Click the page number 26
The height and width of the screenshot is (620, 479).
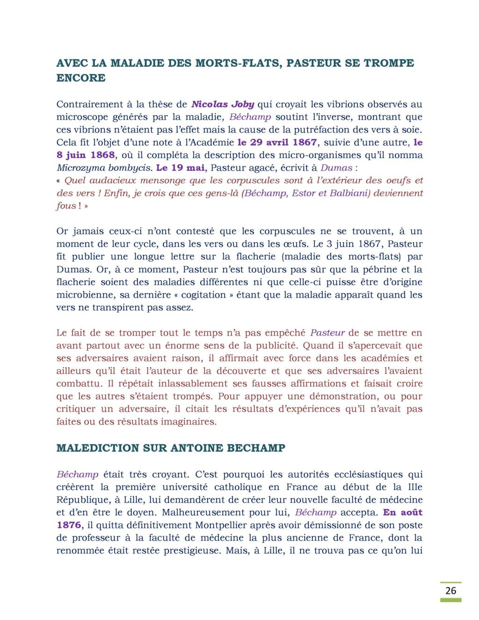(450, 591)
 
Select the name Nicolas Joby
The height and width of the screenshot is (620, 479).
(223, 104)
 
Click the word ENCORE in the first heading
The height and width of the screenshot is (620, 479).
(80, 78)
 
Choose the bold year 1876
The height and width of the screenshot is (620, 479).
(69, 525)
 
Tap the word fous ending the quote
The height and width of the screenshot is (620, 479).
(65, 206)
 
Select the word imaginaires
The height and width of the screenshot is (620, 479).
(190, 422)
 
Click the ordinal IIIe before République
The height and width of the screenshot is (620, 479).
(413, 487)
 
